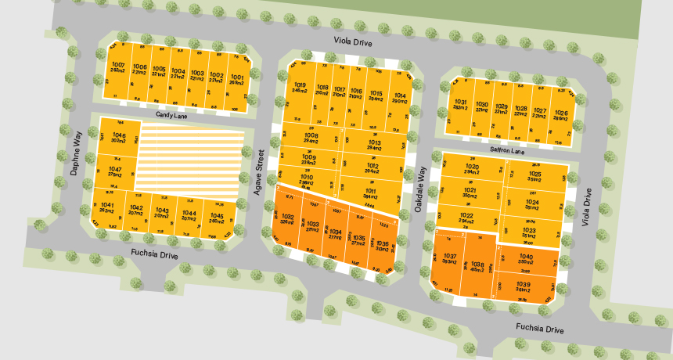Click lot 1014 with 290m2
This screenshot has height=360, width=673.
pyautogui.click(x=399, y=98)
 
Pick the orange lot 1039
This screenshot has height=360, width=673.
pyautogui.click(x=524, y=286)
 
